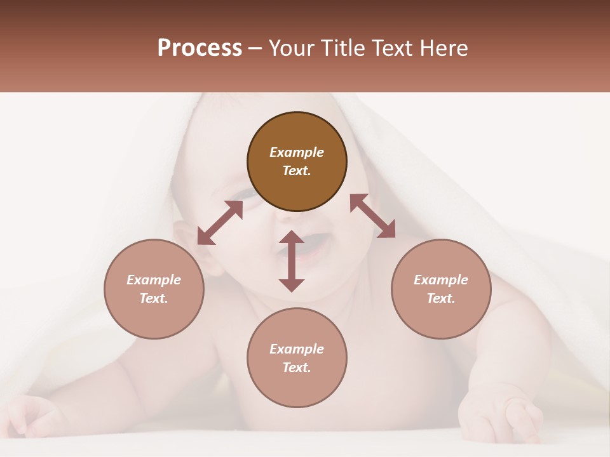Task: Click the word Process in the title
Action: [200, 48]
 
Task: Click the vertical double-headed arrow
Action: [292, 261]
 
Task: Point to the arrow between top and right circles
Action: [372, 216]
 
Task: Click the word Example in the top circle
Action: [297, 152]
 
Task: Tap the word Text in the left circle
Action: [154, 298]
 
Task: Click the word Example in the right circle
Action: [441, 280]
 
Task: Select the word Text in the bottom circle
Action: [297, 368]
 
